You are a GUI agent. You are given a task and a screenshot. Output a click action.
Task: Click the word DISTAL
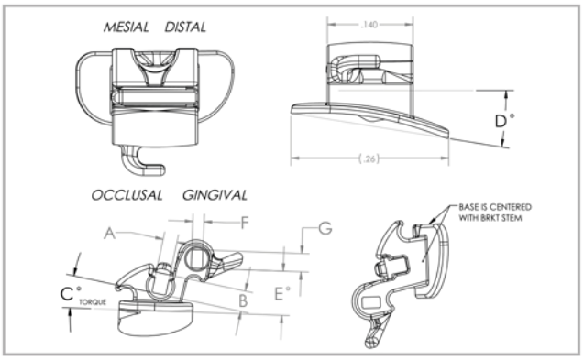click(x=187, y=28)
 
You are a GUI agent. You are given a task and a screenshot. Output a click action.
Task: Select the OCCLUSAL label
click(x=127, y=195)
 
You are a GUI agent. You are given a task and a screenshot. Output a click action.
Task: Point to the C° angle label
click(x=65, y=295)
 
